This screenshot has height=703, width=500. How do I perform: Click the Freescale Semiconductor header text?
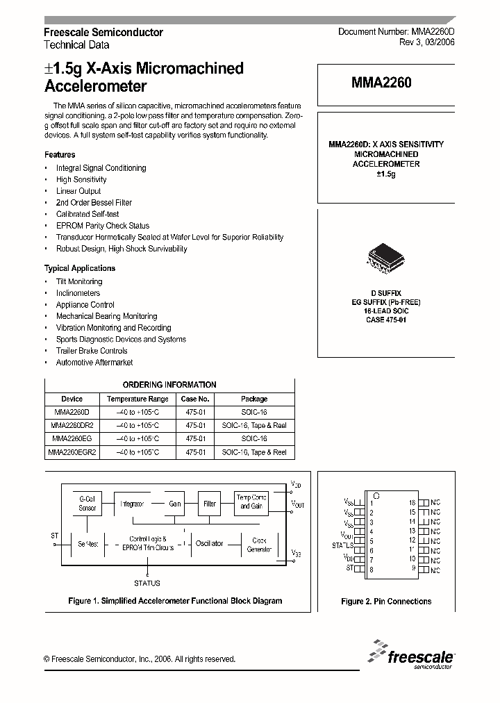click(x=103, y=33)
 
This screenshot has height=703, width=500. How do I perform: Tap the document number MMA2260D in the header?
click(x=396, y=33)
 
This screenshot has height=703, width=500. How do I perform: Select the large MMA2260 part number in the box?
click(x=381, y=83)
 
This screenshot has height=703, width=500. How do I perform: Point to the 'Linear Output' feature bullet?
click(x=78, y=191)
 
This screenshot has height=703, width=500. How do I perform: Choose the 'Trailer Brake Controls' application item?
click(x=92, y=351)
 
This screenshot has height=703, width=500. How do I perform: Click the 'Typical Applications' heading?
click(x=80, y=268)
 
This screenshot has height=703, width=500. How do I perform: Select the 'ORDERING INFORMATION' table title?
click(x=169, y=385)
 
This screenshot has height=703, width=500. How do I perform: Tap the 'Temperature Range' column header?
click(x=137, y=399)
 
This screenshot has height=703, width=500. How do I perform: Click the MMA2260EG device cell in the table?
click(x=72, y=439)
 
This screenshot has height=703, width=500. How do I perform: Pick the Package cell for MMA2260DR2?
click(x=254, y=426)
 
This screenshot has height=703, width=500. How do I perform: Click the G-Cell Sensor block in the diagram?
click(x=87, y=503)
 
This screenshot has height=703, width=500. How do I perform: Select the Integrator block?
click(x=132, y=504)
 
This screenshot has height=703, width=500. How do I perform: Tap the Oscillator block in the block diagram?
click(x=209, y=543)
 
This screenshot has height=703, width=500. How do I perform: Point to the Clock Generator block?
click(x=259, y=544)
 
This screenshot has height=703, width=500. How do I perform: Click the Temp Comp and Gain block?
click(x=251, y=502)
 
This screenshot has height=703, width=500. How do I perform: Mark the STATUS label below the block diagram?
click(x=147, y=583)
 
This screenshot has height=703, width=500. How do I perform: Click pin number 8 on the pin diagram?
click(x=372, y=570)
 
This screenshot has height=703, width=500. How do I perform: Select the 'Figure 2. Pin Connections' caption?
click(x=386, y=602)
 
